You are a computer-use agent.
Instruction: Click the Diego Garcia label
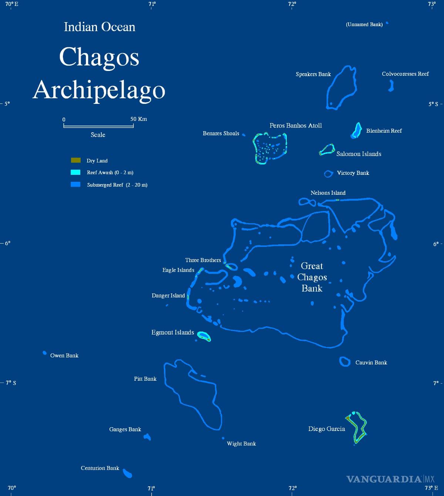[326, 429]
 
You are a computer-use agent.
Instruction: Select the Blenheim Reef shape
[357, 130]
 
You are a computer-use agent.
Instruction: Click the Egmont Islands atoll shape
[203, 336]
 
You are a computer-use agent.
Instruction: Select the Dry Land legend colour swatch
[75, 160]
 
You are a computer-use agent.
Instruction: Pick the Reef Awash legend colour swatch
[75, 172]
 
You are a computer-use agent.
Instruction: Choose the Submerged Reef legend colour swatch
[75, 184]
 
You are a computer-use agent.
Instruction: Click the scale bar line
[98, 126]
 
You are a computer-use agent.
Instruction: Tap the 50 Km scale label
[139, 119]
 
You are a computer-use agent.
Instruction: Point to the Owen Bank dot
[45, 353]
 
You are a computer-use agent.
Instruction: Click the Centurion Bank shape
[128, 473]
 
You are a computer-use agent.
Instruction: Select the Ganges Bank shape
[147, 437]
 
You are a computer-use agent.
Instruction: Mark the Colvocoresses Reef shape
[391, 86]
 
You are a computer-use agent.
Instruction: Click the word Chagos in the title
[99, 57]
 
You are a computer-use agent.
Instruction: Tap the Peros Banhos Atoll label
[296, 126]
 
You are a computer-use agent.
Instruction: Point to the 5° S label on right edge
[433, 104]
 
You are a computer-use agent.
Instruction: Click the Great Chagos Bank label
[312, 277]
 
